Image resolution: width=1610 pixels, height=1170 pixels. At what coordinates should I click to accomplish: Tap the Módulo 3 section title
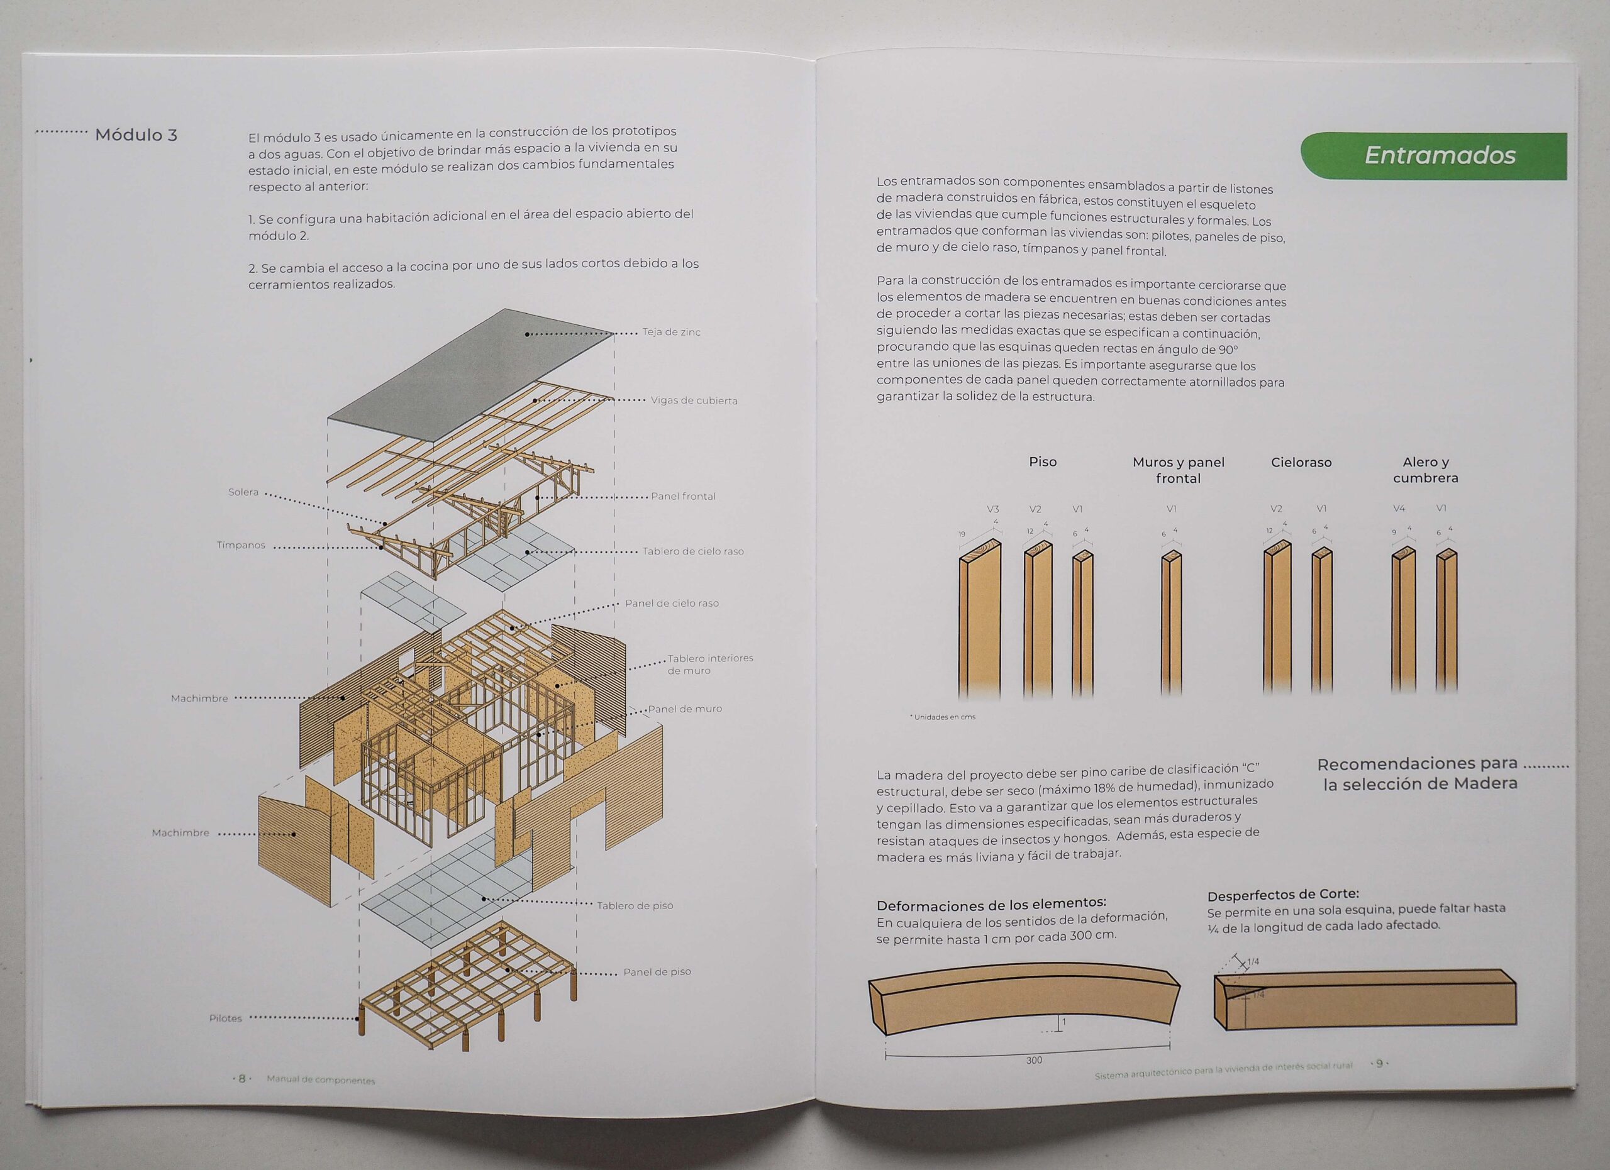[x=136, y=135]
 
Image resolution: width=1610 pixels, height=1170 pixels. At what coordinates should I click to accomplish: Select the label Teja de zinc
[x=672, y=332]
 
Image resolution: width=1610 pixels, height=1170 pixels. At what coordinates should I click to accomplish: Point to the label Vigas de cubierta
[x=694, y=401]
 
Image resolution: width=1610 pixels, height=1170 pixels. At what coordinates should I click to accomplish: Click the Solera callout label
[x=243, y=492]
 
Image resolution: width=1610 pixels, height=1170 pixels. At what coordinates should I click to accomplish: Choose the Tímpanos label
[x=241, y=545]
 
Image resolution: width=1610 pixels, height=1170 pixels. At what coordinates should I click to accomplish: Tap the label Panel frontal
[x=683, y=496]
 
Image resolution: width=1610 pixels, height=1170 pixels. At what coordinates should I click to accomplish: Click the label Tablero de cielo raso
[x=693, y=551]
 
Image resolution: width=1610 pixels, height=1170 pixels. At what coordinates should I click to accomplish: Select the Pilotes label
[x=226, y=1018]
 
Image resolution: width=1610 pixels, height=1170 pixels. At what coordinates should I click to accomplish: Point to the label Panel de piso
[x=657, y=972]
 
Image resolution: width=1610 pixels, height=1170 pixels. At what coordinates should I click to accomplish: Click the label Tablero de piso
[x=635, y=905]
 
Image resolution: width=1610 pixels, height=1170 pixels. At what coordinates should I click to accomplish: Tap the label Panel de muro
[x=684, y=709]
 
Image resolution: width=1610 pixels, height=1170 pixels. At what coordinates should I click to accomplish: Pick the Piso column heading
[x=1042, y=462]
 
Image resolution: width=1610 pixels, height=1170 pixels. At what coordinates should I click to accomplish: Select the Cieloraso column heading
[x=1301, y=463]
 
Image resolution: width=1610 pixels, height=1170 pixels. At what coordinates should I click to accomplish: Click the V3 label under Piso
[x=992, y=509]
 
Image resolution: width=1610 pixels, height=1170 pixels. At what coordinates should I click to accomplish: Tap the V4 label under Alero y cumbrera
[x=1399, y=508]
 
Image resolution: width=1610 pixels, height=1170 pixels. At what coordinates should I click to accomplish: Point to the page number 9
[x=1379, y=1064]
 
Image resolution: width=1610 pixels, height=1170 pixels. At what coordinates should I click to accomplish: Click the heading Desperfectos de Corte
[x=1283, y=895]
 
